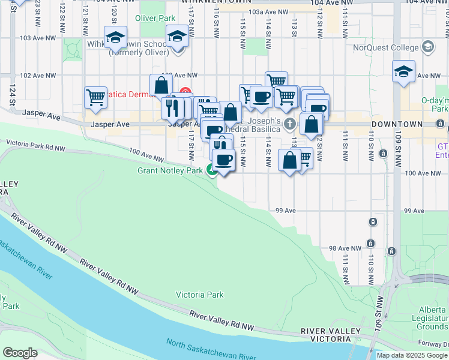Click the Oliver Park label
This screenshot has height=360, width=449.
(x=155, y=19)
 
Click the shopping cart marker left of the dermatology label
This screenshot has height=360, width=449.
(x=96, y=97)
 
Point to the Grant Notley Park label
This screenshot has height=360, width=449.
(x=169, y=170)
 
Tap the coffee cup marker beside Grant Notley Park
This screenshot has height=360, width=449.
(x=224, y=160)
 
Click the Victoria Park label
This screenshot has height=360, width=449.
(x=199, y=295)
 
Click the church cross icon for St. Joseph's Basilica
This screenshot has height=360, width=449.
(x=290, y=125)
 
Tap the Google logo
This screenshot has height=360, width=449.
(x=20, y=352)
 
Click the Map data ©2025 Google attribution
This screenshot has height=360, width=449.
(x=412, y=355)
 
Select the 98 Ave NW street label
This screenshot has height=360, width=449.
(x=345, y=248)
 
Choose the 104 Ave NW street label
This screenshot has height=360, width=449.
(x=330, y=3)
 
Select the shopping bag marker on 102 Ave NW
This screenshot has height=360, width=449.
(x=161, y=85)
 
